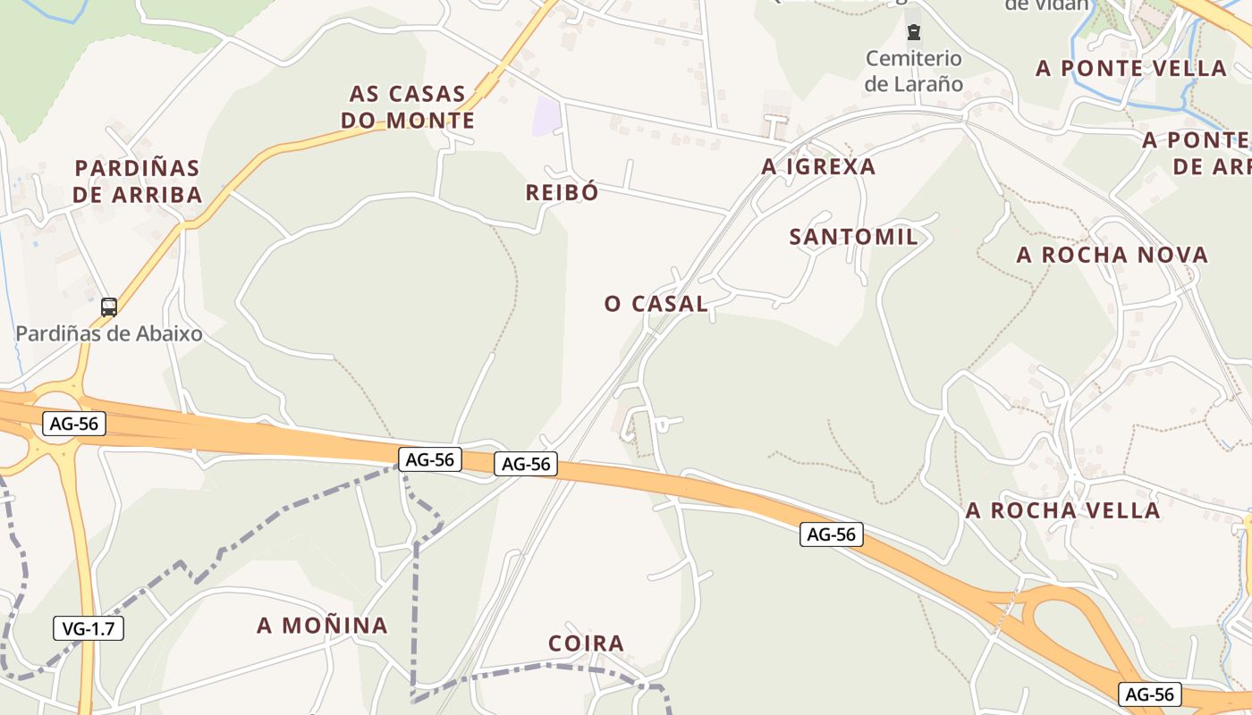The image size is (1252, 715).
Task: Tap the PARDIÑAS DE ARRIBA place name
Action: coord(138,181)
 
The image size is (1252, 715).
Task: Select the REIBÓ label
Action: coord(563,192)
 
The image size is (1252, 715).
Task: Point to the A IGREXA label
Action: coord(818,166)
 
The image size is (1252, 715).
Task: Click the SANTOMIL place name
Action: coord(853,237)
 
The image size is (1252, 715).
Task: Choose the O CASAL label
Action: coord(656,304)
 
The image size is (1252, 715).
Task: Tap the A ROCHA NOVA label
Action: coord(1112,255)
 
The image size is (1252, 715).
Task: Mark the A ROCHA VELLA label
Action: coord(1062,510)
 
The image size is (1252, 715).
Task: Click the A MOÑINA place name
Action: coord(323,626)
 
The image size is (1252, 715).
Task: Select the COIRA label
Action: coord(586,643)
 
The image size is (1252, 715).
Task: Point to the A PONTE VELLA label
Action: coord(1131,68)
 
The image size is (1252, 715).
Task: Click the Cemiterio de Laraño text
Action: coord(914,71)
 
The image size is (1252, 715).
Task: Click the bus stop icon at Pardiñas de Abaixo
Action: coord(109,307)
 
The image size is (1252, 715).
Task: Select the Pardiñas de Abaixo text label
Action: coord(109,334)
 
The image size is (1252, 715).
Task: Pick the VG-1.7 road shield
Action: coord(89,628)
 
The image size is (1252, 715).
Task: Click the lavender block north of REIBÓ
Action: coord(546,117)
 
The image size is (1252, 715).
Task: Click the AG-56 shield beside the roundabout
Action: coord(74,424)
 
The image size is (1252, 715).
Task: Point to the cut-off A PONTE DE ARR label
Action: coord(1198,153)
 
